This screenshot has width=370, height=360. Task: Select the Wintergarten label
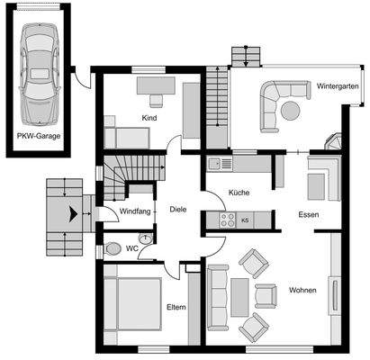click(x=338, y=86)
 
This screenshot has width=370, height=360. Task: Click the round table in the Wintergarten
click(x=291, y=110)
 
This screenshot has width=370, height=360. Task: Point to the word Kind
click(x=149, y=118)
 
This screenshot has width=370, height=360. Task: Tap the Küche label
click(x=239, y=193)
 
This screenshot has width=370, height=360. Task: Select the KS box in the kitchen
click(x=245, y=219)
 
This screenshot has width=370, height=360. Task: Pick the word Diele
click(x=178, y=210)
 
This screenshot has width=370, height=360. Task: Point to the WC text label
click(x=132, y=247)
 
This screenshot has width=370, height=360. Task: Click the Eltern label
click(x=176, y=307)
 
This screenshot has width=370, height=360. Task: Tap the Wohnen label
click(x=302, y=291)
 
